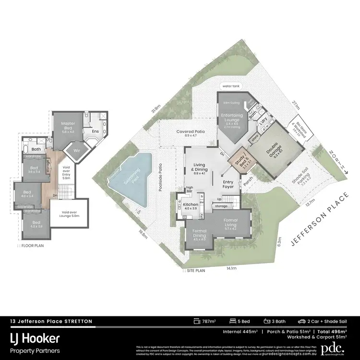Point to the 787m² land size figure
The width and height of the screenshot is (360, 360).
[208, 321]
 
